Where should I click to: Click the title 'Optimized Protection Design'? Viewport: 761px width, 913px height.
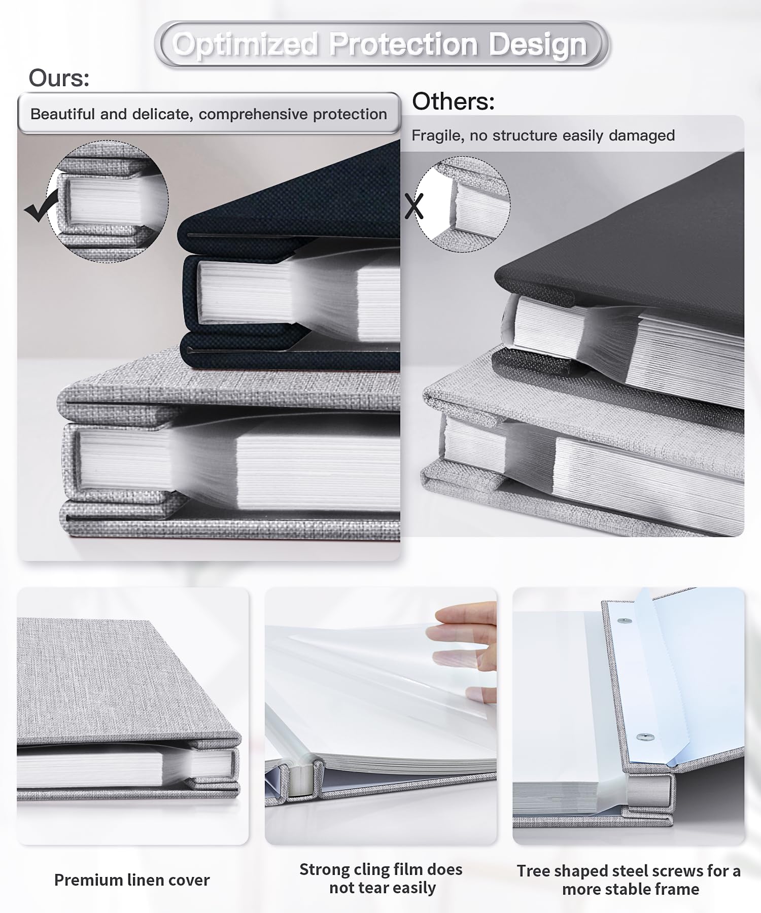click(380, 45)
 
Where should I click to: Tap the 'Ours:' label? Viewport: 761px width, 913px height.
click(59, 78)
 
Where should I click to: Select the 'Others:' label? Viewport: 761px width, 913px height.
click(453, 101)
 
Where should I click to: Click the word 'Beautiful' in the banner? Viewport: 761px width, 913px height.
click(63, 114)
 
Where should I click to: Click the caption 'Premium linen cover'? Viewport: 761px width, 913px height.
click(132, 880)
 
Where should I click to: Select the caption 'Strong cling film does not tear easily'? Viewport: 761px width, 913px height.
click(381, 879)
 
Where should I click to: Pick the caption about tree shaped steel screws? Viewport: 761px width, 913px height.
click(629, 880)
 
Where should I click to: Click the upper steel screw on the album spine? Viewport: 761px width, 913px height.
click(625, 621)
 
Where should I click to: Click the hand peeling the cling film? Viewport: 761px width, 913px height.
click(464, 644)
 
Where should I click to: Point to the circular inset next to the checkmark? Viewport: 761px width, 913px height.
click(108, 201)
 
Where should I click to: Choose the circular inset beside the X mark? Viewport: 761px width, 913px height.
click(463, 204)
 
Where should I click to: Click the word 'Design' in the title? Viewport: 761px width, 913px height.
click(538, 45)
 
